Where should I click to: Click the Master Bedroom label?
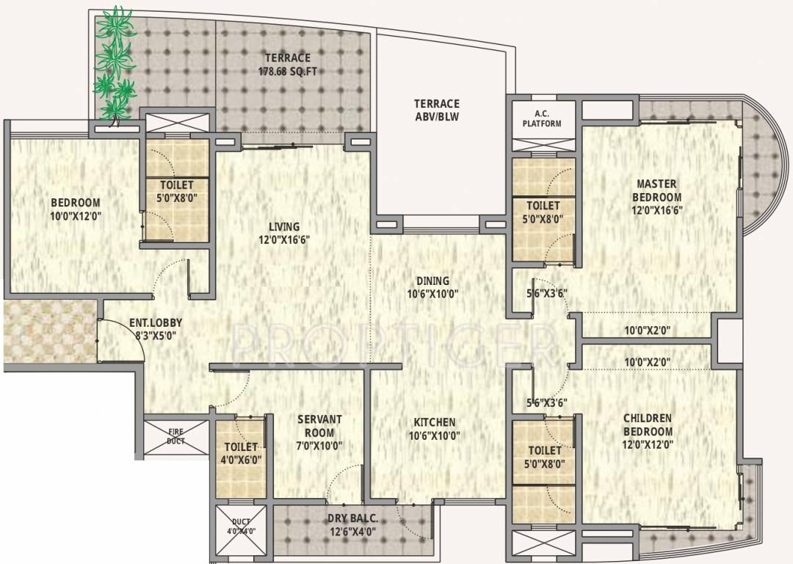658,190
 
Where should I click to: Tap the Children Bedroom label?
647,424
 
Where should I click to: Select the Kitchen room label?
434,422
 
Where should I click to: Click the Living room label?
283,227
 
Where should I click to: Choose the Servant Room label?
319,426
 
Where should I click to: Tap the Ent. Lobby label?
156,322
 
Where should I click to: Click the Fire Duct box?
175,437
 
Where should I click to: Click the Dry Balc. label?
352,518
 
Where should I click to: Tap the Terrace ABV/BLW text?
436,110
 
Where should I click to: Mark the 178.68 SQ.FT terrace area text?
288,72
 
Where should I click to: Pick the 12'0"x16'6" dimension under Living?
283,239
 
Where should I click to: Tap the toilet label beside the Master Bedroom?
543,206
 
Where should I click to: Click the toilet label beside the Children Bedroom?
543,450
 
